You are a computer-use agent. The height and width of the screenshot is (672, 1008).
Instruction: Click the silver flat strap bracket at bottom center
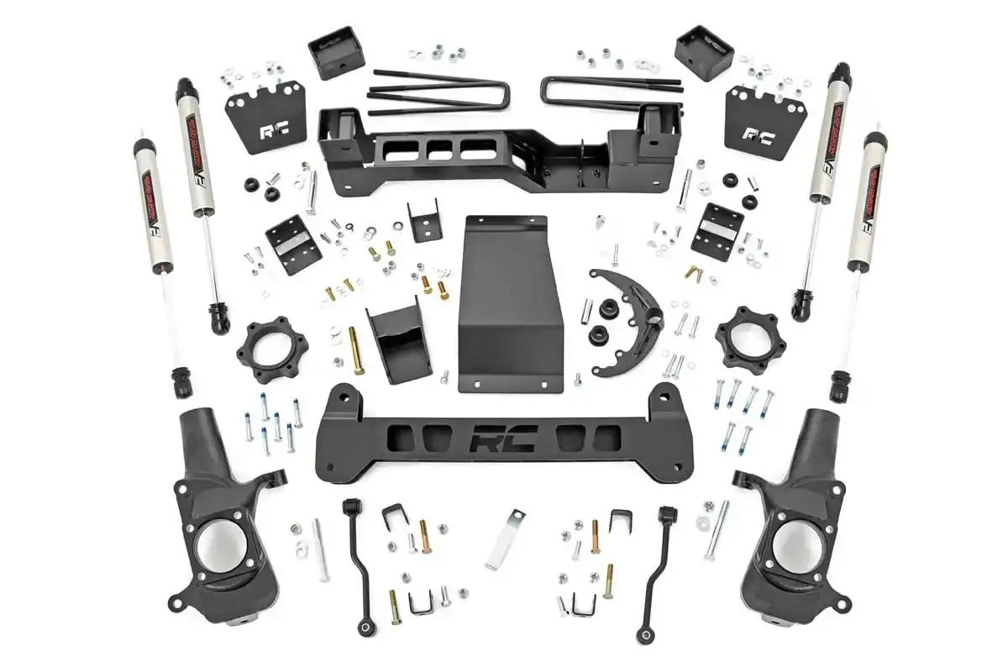505,538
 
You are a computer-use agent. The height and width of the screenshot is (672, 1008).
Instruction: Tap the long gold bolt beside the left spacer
356,349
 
